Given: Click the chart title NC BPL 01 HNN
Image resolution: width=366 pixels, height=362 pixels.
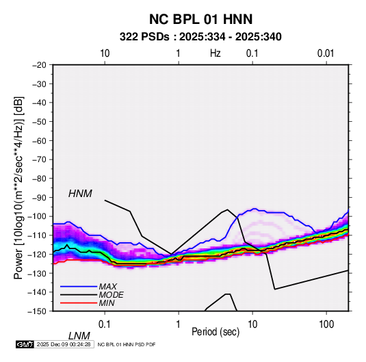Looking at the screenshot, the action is pyautogui.click(x=200, y=19).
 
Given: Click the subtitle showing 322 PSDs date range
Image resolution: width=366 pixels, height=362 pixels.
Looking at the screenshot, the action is pyautogui.click(x=200, y=37).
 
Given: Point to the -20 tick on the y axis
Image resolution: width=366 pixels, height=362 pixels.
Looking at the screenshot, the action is pyautogui.click(x=39, y=65).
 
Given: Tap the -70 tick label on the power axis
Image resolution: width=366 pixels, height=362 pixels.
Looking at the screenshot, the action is pyautogui.click(x=39, y=159).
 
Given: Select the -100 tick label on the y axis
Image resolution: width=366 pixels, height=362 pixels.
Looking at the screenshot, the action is pyautogui.click(x=38, y=216).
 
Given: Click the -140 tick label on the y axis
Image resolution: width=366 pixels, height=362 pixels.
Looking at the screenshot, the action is pyautogui.click(x=38, y=292).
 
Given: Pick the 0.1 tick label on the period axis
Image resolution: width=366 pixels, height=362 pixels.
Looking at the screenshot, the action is pyautogui.click(x=104, y=324).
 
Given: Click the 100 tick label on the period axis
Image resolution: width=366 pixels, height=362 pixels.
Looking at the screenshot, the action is pyautogui.click(x=326, y=324).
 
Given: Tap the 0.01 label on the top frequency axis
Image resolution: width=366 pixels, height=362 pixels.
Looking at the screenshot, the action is pyautogui.click(x=326, y=53).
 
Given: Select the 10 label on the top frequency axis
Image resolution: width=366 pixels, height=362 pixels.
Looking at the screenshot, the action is pyautogui.click(x=105, y=53).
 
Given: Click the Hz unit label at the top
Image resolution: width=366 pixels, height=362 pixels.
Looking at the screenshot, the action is pyautogui.click(x=215, y=53).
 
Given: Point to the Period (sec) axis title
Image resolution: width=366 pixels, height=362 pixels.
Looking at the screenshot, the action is pyautogui.click(x=215, y=332).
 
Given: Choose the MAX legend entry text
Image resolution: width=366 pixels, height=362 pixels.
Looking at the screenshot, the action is pyautogui.click(x=108, y=286).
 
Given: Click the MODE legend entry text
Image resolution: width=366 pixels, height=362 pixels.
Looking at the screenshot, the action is pyautogui.click(x=111, y=295).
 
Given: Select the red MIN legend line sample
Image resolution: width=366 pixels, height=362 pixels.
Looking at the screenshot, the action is pyautogui.click(x=79, y=303).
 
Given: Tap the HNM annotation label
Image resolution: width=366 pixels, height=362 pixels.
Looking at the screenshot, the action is pyautogui.click(x=80, y=194).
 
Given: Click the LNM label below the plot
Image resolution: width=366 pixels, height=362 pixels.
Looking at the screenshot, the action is pyautogui.click(x=79, y=336).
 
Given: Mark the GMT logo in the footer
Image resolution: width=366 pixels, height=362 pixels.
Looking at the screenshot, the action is pyautogui.click(x=25, y=344).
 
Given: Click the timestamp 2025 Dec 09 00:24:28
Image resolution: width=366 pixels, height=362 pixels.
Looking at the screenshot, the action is pyautogui.click(x=64, y=344).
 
